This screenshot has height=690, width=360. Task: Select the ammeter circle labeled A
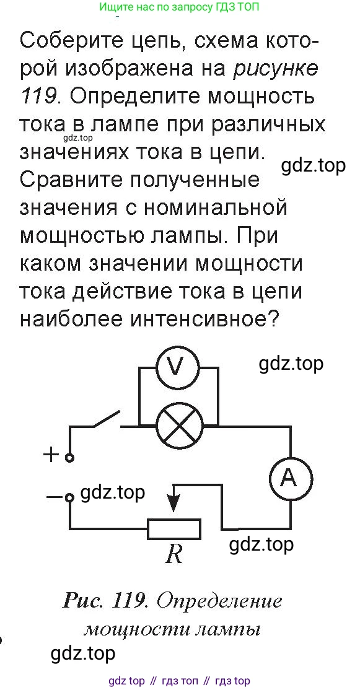(x=290, y=478)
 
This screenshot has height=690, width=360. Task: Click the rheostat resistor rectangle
(x=174, y=529)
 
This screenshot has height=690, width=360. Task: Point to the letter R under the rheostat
(x=174, y=555)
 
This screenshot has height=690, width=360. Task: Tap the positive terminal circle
(x=69, y=458)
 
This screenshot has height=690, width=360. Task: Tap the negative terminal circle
(x=69, y=498)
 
